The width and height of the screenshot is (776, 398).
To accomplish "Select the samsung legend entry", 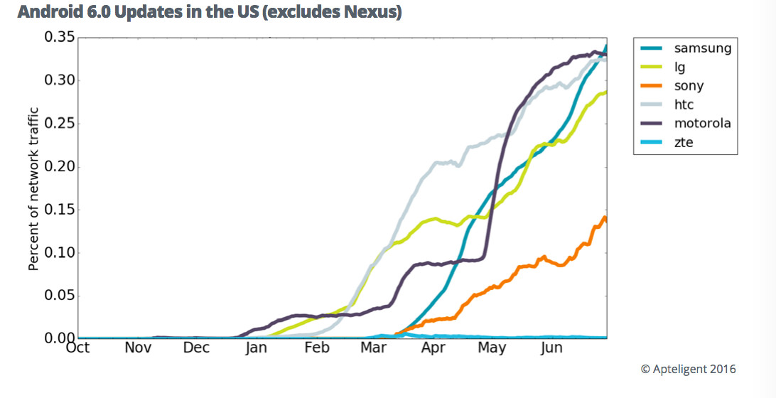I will coord(702,48).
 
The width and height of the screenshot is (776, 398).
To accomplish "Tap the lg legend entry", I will coord(679,68).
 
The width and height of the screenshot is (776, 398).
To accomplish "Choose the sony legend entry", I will coord(689,86).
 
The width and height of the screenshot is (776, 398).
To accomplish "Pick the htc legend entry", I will coord(684,104).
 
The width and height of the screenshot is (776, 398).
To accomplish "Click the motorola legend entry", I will coord(702,123).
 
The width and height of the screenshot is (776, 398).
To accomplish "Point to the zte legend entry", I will coord(682,141).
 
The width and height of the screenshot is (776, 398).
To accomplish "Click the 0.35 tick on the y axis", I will coord(59,37).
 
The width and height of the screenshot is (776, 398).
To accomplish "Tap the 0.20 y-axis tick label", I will coord(59,166).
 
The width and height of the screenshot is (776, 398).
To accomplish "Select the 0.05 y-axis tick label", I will coord(59,296).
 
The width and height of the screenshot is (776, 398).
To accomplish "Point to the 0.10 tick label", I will coord(59,252).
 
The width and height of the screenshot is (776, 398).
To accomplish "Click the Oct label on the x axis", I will coord(77,348).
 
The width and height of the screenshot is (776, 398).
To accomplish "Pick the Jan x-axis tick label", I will coord(256,348).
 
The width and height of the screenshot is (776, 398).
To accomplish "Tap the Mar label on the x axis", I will coord(374,348).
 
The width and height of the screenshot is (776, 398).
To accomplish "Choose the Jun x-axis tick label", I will coord(551,348).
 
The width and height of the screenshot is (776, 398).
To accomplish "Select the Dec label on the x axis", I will coord(196,348).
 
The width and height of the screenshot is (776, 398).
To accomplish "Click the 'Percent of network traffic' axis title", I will coord(33,189).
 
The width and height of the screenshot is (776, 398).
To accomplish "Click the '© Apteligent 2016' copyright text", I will coord(688,369).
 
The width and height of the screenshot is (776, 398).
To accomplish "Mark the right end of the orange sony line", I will coord(605,220).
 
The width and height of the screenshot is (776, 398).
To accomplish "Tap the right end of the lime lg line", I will coord(605,92).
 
